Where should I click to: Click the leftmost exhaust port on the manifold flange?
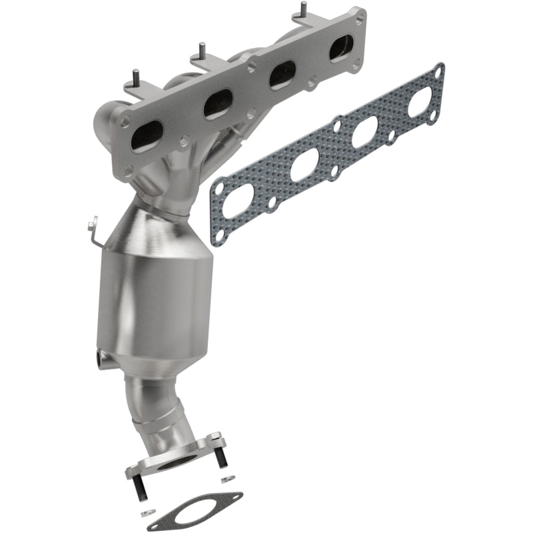point(146,134)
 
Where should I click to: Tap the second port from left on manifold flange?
point(216,104)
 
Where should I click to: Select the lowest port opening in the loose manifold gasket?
point(237,201)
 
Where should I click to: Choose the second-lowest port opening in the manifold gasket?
point(304,165)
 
